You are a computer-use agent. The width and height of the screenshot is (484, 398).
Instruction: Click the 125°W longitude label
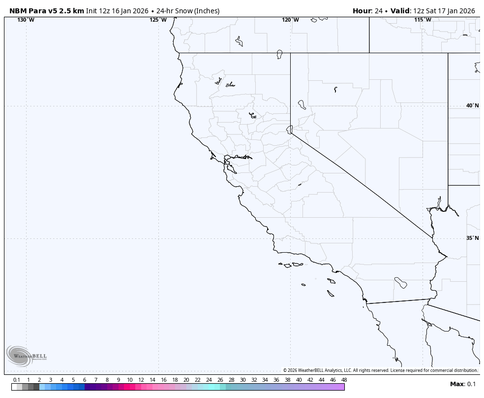158,20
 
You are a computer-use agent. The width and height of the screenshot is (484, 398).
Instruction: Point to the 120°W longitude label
290,20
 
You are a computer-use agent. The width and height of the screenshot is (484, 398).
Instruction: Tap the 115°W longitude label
423,20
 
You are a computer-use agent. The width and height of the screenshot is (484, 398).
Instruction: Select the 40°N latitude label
472,105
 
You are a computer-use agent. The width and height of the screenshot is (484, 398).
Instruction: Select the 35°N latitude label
472,238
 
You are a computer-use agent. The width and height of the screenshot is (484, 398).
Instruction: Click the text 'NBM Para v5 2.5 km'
47,11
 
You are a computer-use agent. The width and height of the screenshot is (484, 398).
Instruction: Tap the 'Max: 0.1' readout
463,384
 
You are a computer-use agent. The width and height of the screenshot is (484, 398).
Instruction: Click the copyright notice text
380,370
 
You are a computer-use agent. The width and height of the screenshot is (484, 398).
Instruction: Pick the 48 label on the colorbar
344,380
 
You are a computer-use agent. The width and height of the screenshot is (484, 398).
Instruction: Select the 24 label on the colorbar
209,380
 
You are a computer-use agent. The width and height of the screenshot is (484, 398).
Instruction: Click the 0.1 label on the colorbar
16,380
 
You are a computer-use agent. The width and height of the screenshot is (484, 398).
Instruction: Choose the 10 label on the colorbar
129,380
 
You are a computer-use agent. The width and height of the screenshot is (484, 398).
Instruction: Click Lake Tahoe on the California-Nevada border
290,129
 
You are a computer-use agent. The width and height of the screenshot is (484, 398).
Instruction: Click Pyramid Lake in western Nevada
302,104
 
